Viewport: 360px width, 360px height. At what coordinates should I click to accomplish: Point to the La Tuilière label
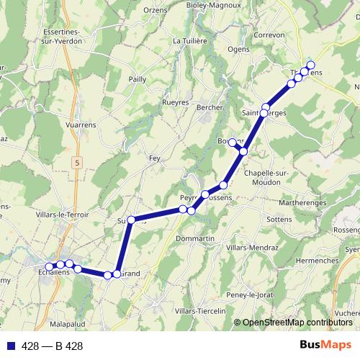click(190, 41)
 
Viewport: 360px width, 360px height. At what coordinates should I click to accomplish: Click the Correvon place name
click(270, 34)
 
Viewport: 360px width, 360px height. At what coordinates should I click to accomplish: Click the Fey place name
click(154, 157)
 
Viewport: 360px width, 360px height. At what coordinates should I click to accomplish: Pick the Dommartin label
click(196, 238)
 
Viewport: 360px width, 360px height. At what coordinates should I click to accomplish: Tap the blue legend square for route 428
click(9, 346)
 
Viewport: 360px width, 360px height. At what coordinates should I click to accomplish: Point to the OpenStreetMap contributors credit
click(297, 323)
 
